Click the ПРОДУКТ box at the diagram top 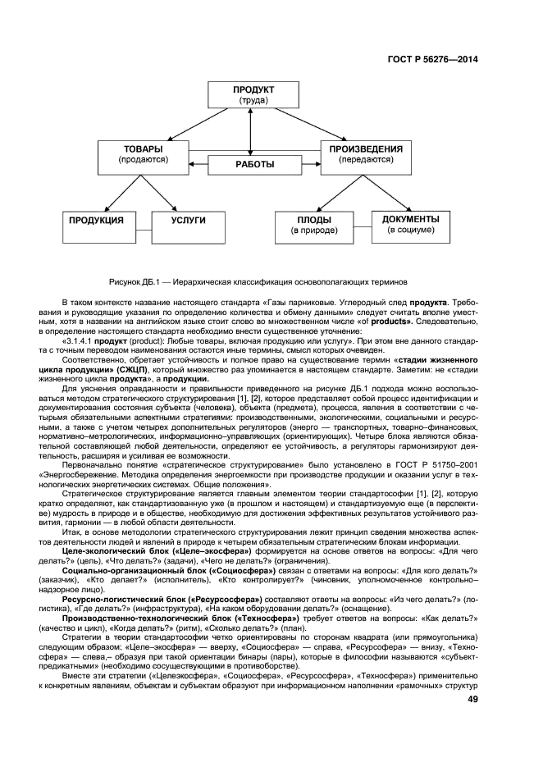(x=253, y=94)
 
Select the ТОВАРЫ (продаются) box (x=143, y=155)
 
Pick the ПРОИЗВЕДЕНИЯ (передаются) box (x=365, y=155)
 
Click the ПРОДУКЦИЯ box (x=96, y=226)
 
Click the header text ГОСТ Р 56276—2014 (x=432, y=59)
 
